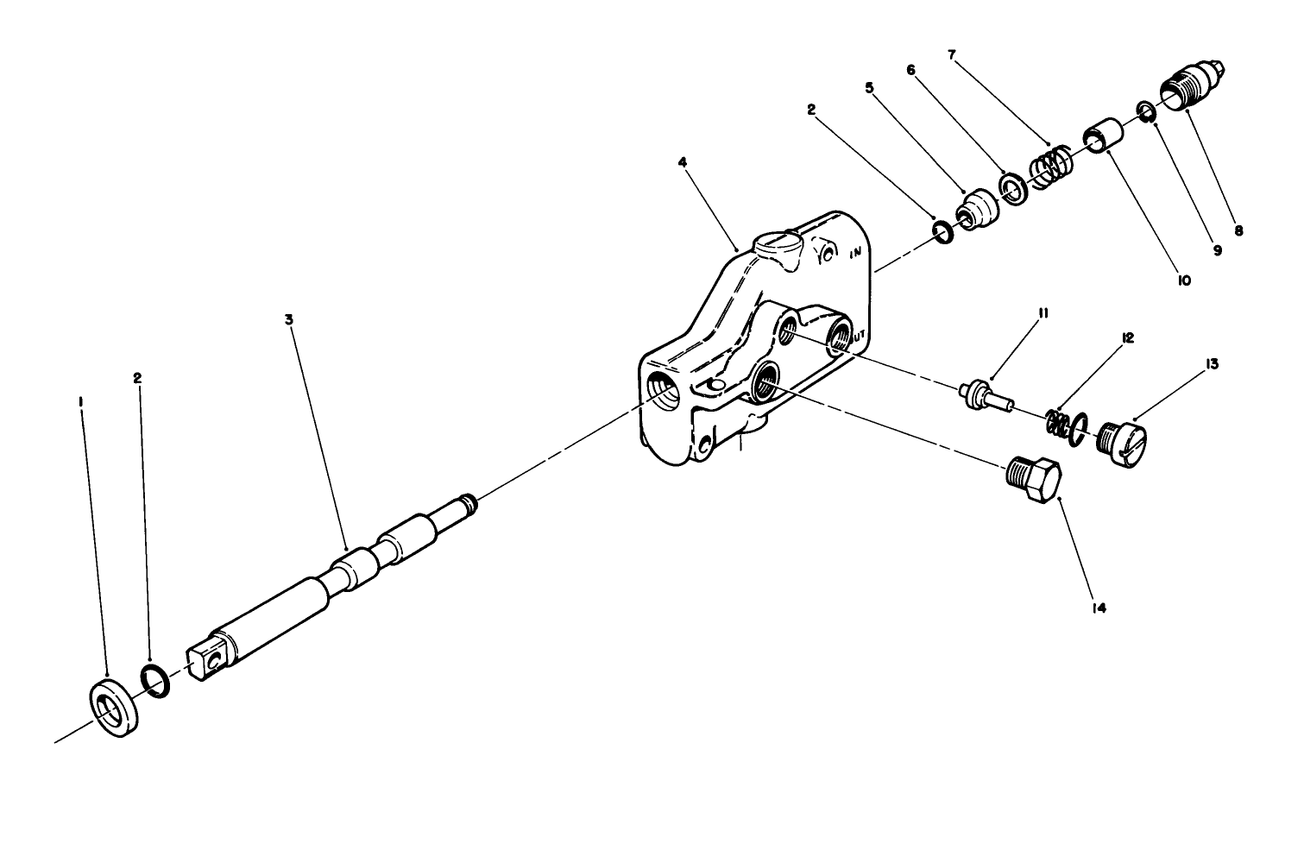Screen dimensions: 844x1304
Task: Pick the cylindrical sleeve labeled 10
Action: (x=1101, y=136)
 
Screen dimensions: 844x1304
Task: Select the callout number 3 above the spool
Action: (x=289, y=318)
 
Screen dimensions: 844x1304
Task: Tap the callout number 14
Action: (x=1098, y=608)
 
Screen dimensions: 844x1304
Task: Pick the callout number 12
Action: (x=1129, y=338)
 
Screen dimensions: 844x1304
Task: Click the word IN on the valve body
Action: (x=856, y=254)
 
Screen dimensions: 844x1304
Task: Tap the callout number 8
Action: (x=1238, y=230)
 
